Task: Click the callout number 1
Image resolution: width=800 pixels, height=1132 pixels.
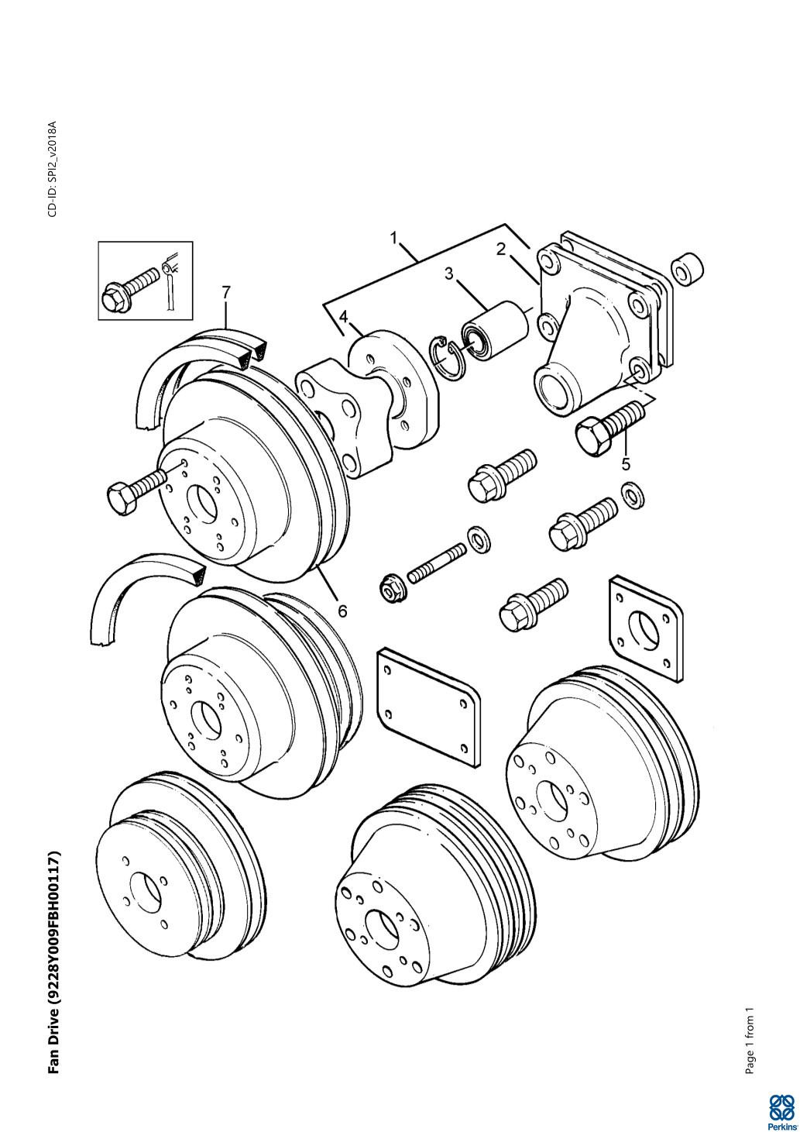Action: point(395,237)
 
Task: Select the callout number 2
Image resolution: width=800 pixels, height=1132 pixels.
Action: point(501,249)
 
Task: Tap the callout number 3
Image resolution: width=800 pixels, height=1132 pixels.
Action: point(449,274)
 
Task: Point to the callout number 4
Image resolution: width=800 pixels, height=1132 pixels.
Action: point(342,318)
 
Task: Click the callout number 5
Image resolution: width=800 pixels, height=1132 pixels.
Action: point(627,464)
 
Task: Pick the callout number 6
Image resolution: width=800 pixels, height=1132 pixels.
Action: point(342,611)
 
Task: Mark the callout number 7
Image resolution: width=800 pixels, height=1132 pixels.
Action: point(226,292)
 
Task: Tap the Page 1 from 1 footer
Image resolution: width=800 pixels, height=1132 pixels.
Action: point(749,1042)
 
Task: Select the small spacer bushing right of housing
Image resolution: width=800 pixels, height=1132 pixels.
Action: point(687,268)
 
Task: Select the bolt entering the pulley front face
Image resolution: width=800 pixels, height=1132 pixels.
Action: point(139,490)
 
